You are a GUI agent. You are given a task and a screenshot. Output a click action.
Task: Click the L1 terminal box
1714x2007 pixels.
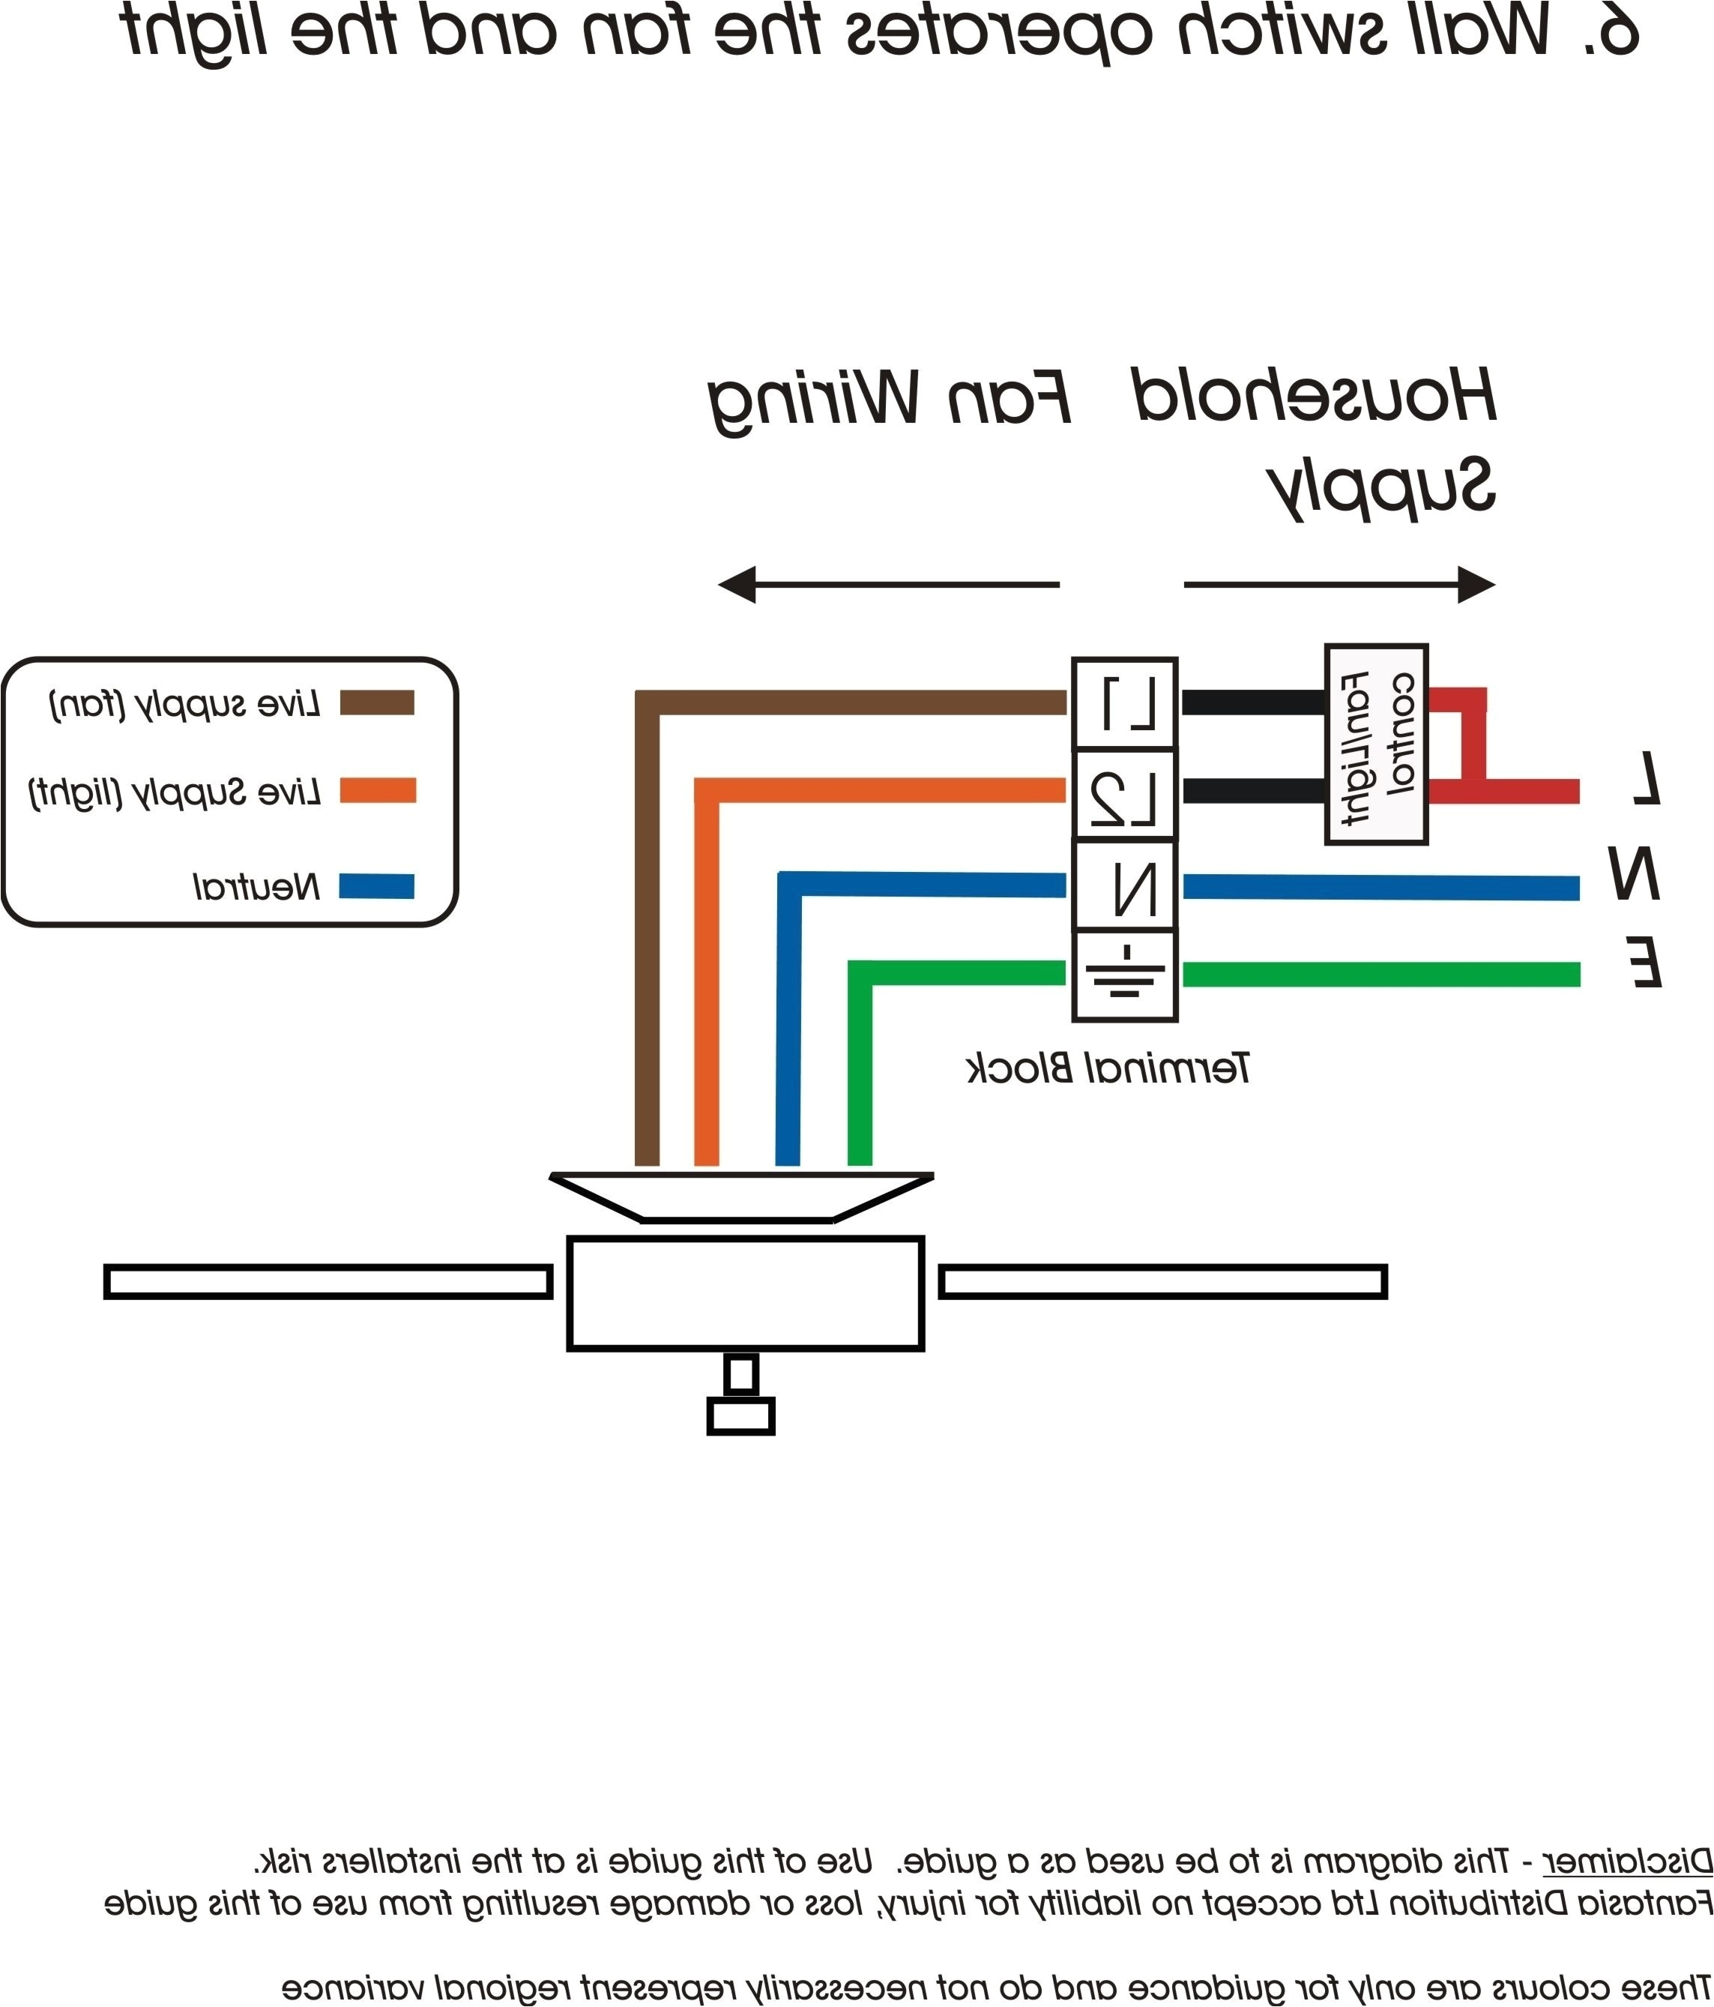click(1124, 703)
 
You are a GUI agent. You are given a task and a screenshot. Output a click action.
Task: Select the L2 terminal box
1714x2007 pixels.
click(1124, 794)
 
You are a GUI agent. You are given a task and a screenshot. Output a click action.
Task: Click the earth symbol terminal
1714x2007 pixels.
click(1124, 975)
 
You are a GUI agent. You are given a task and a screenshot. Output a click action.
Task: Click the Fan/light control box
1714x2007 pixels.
click(1375, 744)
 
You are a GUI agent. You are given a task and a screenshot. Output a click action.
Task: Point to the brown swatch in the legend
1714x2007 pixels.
click(377, 702)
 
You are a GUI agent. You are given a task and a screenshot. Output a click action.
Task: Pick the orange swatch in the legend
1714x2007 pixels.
click(377, 790)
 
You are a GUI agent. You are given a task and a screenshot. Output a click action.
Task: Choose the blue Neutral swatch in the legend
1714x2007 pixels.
click(377, 886)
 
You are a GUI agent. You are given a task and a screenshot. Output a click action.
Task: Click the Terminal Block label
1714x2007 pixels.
click(1108, 1068)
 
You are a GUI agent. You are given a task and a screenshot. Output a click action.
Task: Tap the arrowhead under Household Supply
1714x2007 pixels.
click(1476, 585)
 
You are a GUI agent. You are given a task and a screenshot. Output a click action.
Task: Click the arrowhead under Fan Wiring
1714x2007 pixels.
click(736, 585)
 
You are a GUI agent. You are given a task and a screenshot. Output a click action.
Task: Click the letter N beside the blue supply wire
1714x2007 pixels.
click(1634, 873)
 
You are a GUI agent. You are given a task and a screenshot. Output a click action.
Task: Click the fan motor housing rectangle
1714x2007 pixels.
click(745, 1293)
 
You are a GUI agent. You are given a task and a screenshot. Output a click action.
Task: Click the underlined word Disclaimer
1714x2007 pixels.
click(1627, 1862)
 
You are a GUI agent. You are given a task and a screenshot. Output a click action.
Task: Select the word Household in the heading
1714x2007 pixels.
click(1314, 395)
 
